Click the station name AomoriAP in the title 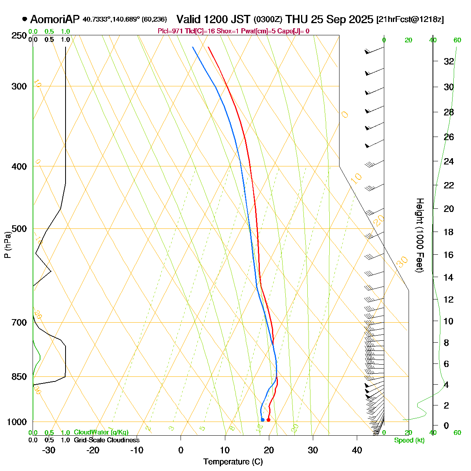coord(55,19)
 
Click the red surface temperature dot coord(268,420)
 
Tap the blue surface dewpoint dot coord(263,420)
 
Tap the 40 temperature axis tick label coord(357,450)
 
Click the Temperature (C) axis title coord(233,462)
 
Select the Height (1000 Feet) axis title coord(420,235)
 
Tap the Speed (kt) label coord(409,440)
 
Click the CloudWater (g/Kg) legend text coord(101,433)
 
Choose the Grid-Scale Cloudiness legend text coord(106,440)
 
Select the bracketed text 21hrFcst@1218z coord(410,20)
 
